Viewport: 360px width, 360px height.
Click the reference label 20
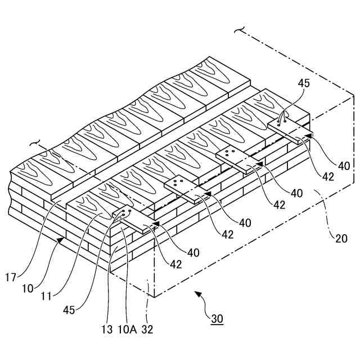340,238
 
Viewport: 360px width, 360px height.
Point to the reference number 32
147,330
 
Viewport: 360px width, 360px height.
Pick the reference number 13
107,330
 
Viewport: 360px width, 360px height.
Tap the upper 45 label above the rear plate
304,83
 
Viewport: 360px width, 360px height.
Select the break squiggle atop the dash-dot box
242,30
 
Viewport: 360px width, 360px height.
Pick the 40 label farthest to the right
343,166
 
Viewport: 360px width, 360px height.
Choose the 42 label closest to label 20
328,177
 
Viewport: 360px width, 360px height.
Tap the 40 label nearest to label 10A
193,253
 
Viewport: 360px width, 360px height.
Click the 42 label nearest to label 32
175,264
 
